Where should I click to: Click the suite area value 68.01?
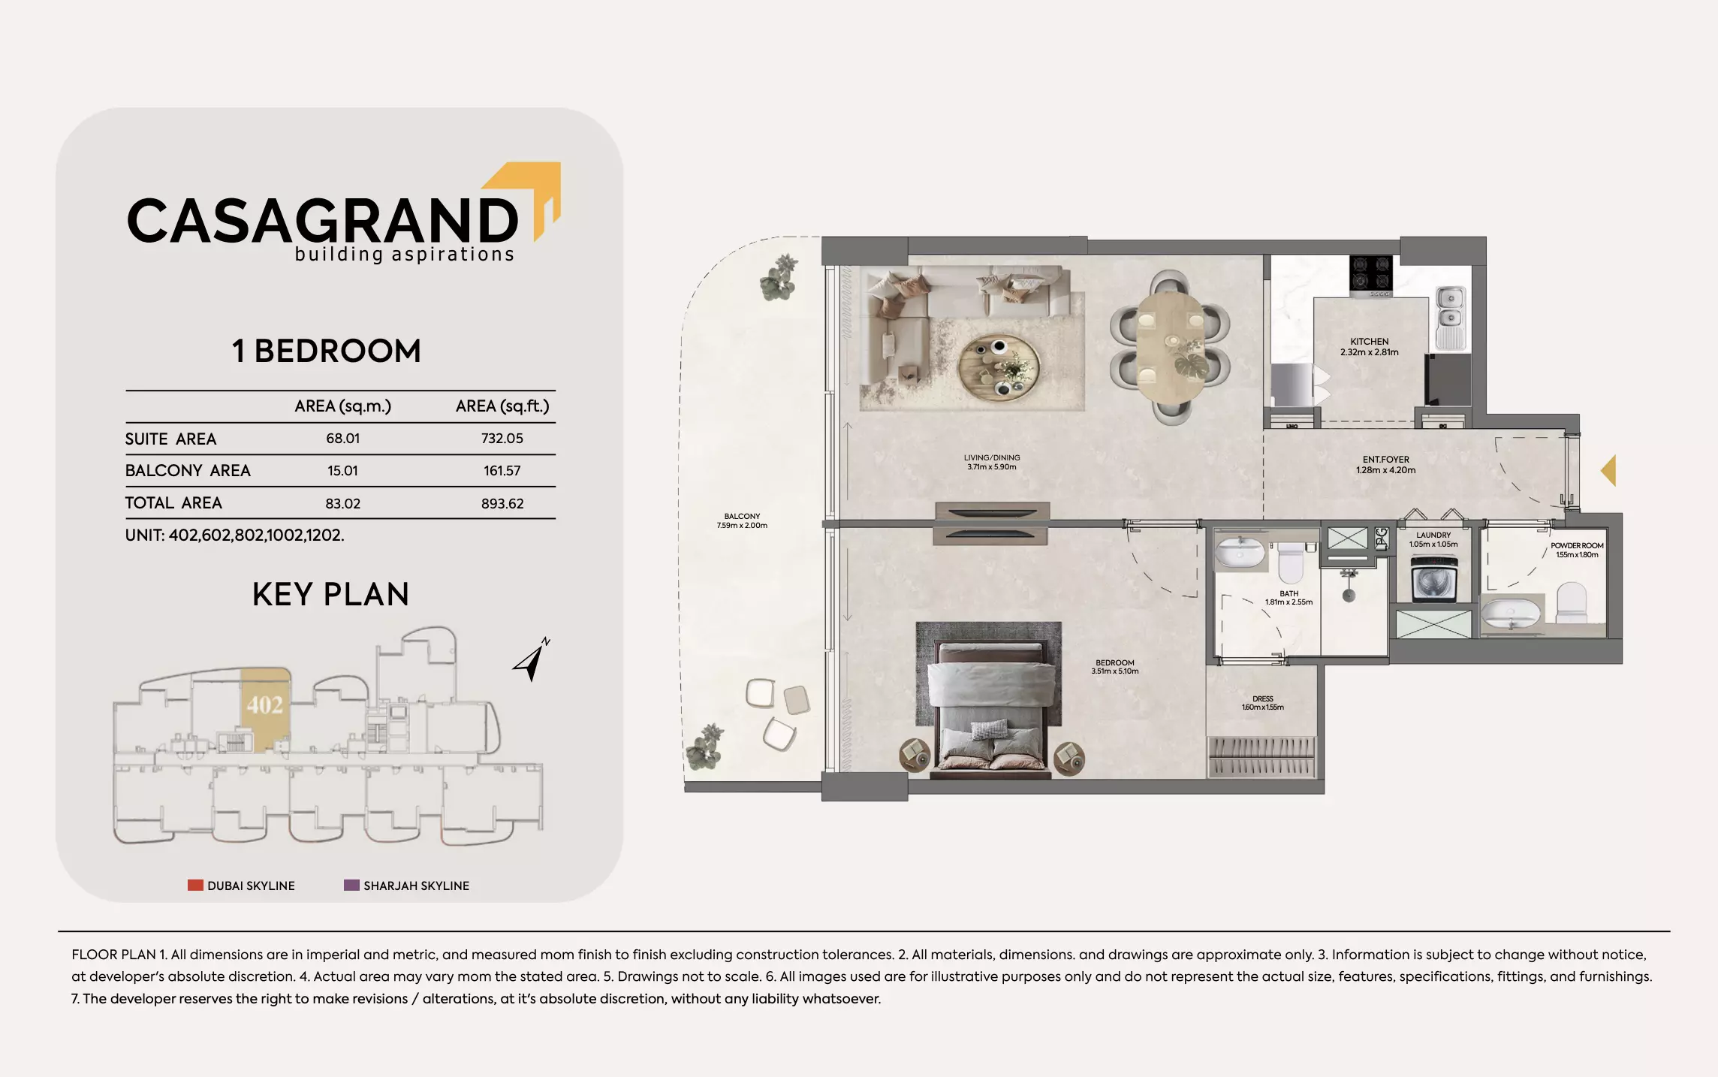(x=342, y=439)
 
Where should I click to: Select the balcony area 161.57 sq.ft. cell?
(x=502, y=471)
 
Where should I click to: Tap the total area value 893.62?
(x=502, y=503)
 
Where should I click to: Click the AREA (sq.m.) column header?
(x=342, y=406)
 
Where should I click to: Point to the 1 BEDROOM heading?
(x=327, y=351)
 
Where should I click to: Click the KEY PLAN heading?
(x=330, y=595)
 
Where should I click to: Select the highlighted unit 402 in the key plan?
(x=265, y=706)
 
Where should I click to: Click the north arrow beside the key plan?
(x=532, y=659)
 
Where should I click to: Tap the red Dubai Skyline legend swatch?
(x=195, y=885)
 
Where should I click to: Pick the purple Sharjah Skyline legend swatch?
(x=351, y=885)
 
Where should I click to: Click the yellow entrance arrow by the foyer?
(x=1608, y=471)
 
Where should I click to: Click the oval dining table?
(x=1170, y=347)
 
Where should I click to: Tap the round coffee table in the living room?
(x=999, y=366)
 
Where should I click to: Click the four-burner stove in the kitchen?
(x=1370, y=273)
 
